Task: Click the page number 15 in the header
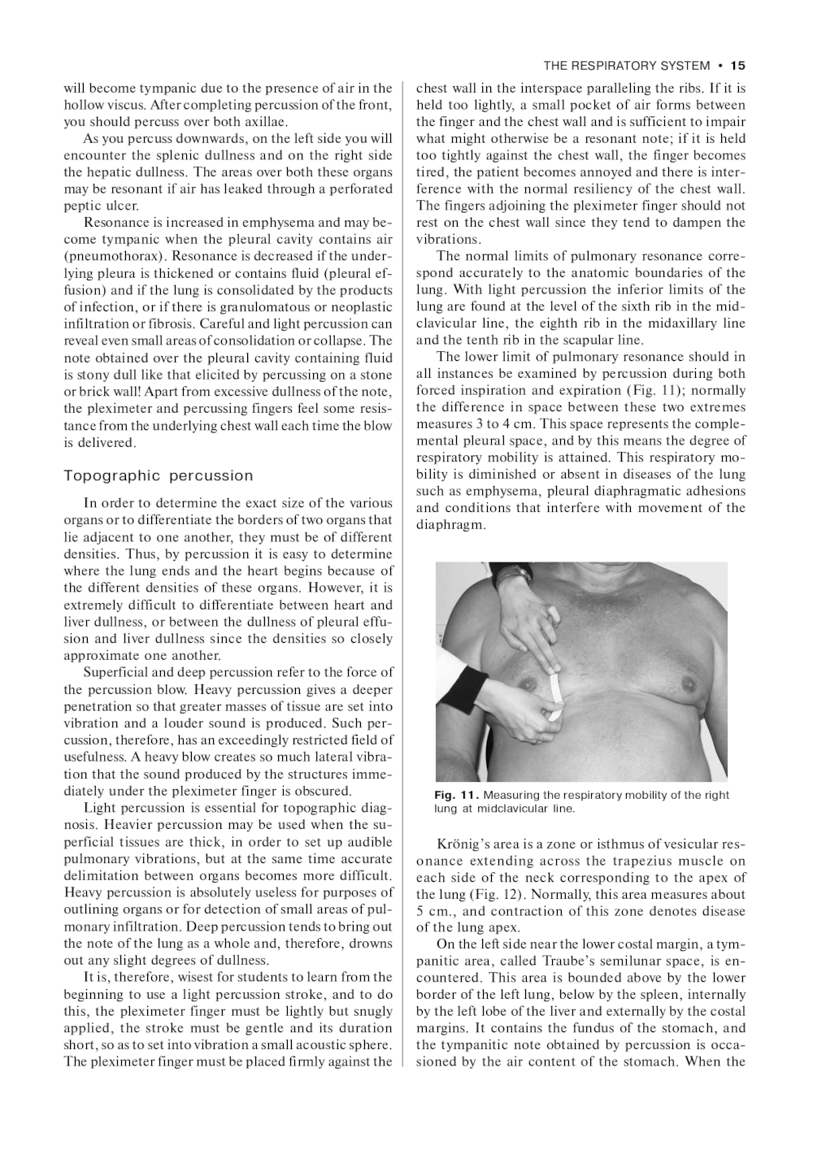tap(738, 65)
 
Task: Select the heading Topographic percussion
tap(159, 475)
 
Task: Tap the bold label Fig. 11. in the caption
tap(457, 795)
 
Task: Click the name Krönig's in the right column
tap(463, 844)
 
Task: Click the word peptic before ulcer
tap(83, 206)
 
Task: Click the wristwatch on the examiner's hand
tap(512, 575)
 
